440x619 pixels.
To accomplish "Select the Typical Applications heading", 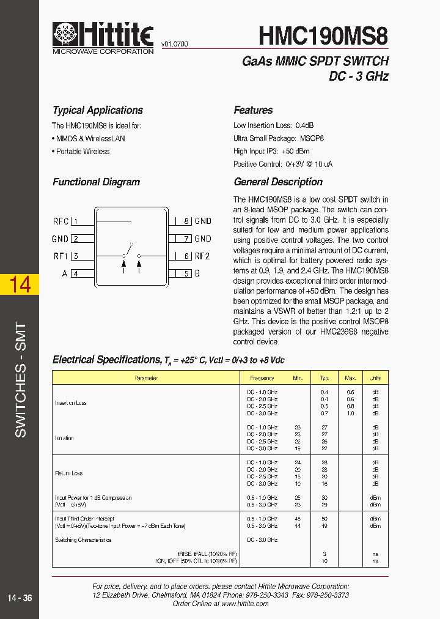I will coord(98,110).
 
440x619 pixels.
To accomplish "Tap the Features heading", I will coord(253,110).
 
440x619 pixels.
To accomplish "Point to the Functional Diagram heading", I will coord(96,182).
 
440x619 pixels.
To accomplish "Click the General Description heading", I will coord(278,182).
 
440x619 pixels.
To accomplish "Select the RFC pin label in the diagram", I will coord(61,221).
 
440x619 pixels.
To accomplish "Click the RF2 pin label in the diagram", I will coord(202,256).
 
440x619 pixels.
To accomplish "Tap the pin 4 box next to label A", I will coord(76,273).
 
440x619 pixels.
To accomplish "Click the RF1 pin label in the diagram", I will coord(61,256).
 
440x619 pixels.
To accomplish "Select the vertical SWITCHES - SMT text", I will coord(20,379).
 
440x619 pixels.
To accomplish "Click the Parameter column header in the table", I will coord(146,378).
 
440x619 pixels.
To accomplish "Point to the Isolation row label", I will coord(65,438).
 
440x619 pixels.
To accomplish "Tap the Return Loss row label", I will coord(68,473).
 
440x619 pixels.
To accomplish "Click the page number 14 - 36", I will coord(20,598).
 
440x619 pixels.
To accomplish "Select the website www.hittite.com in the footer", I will coord(244,603).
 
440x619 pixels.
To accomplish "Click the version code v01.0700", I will coord(175,45).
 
